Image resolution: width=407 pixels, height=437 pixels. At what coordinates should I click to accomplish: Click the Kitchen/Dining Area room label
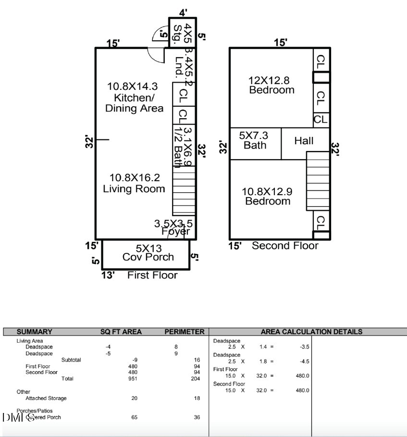(134, 98)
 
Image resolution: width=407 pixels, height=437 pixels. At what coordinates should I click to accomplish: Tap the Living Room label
(134, 183)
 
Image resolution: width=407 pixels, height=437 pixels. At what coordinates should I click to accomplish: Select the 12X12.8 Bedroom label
(271, 85)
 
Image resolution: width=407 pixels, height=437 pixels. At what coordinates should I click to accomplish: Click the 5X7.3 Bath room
(255, 140)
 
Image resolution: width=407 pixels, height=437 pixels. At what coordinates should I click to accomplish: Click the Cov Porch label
(148, 253)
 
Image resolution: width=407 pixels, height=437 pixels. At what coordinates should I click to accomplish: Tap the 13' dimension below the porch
(108, 275)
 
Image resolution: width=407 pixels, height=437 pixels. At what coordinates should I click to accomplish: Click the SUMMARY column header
(34, 332)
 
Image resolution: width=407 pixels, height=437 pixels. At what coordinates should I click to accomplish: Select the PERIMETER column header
(184, 332)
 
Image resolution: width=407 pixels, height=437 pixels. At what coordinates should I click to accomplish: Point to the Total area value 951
(135, 379)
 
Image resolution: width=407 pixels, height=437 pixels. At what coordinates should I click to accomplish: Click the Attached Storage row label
(46, 398)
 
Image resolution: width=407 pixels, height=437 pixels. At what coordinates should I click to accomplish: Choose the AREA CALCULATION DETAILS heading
(311, 332)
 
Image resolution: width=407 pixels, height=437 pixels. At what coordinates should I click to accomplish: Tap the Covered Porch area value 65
(135, 417)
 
